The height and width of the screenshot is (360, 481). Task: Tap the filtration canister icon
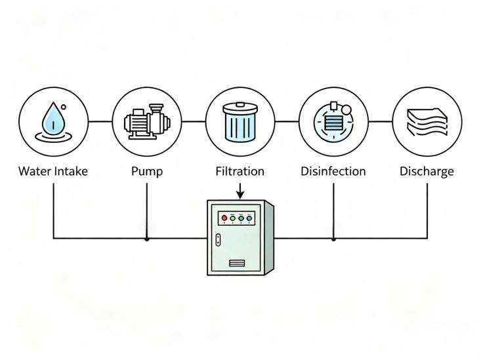coord(240,121)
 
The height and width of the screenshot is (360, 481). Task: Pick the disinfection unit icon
coord(334,121)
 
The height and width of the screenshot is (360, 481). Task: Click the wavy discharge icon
coord(427,121)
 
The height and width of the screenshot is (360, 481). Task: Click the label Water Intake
coord(52,172)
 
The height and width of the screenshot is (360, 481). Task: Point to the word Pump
coord(146,172)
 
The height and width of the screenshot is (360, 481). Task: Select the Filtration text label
coord(240,172)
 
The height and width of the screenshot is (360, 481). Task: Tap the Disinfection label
coord(333,172)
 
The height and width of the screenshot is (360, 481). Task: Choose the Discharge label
coord(427,172)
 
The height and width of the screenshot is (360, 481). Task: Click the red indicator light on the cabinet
coord(224,216)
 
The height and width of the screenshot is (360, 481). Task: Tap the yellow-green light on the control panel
coord(232,216)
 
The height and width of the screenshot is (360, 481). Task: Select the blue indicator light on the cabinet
coord(249,216)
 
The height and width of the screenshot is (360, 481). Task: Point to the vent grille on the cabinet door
coord(236,264)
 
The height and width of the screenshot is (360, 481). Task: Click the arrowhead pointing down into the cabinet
coord(241,195)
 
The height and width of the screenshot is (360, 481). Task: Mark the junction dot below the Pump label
coord(146,239)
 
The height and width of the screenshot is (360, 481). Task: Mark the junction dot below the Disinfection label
coord(333,239)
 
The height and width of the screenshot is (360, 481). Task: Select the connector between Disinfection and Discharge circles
coord(381,121)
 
